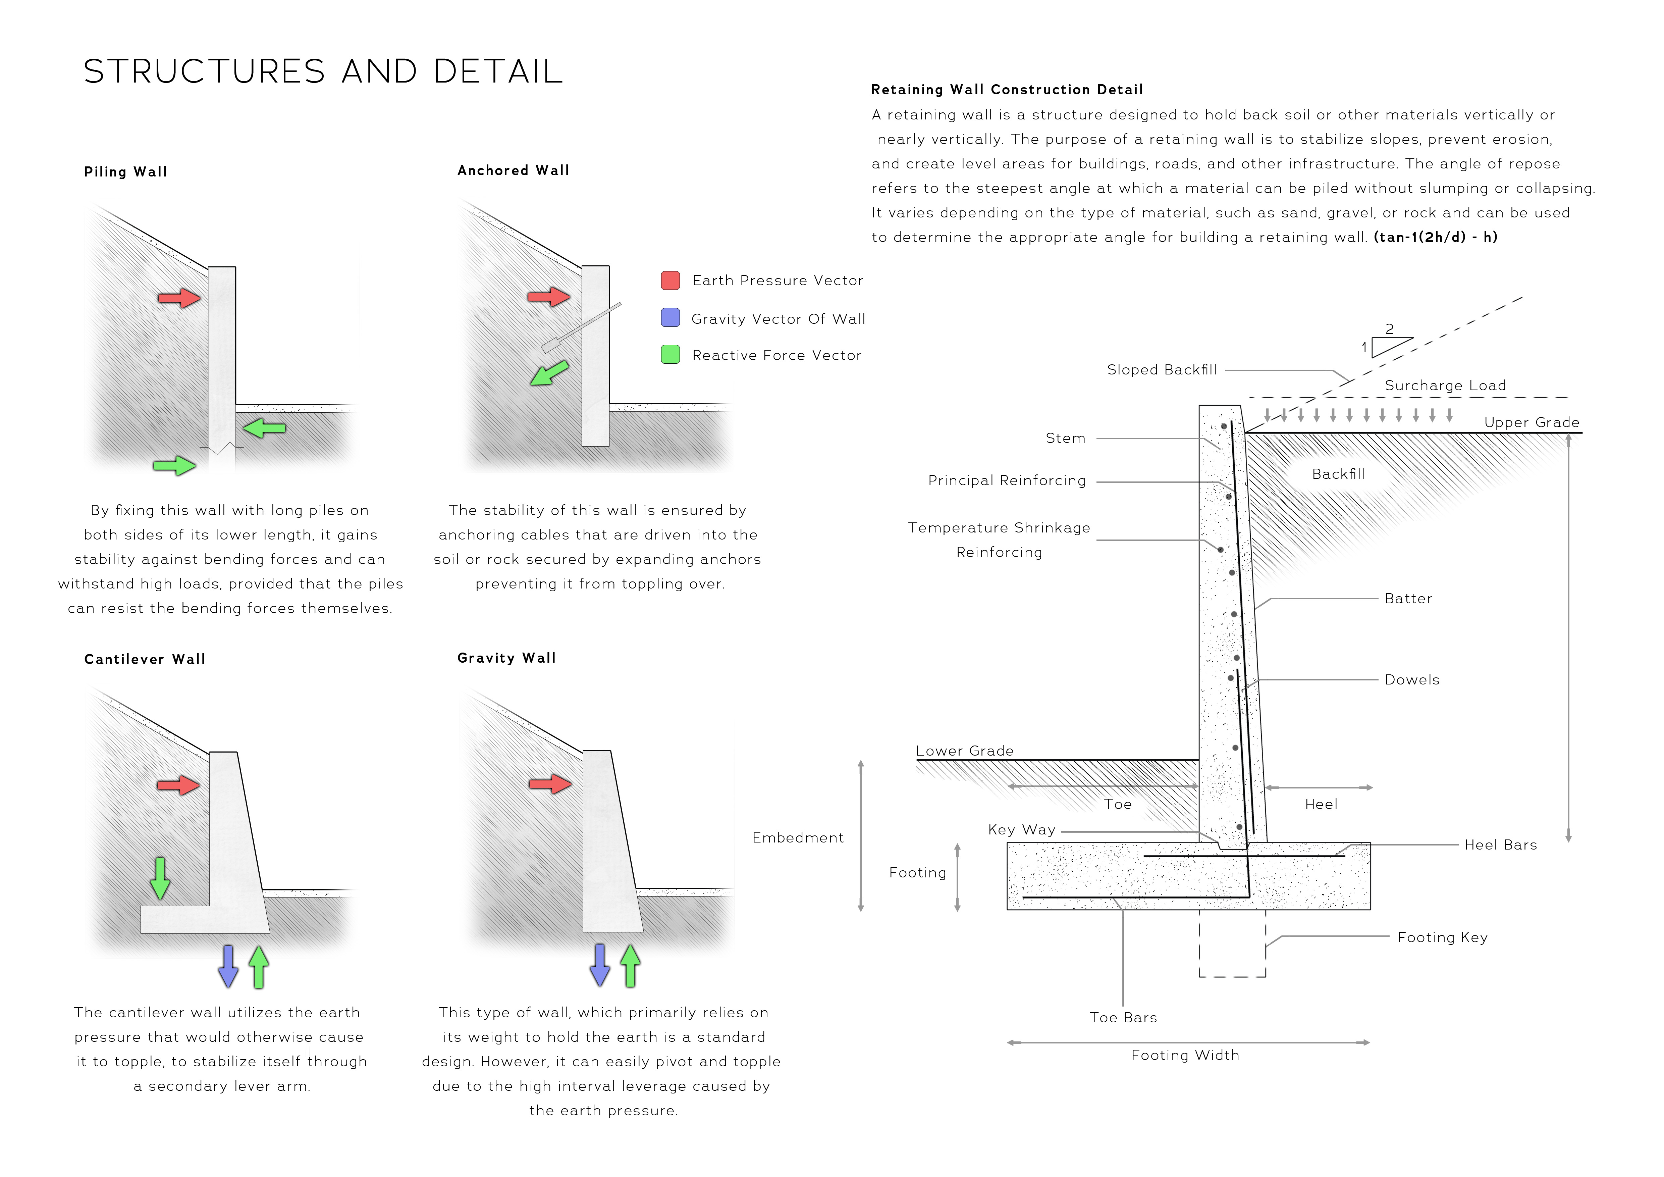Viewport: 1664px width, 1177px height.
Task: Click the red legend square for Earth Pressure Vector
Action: click(x=670, y=280)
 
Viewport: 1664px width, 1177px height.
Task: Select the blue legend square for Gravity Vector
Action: click(x=670, y=317)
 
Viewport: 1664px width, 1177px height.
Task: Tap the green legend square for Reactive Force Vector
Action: click(x=670, y=354)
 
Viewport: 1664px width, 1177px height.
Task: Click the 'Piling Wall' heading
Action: click(x=125, y=172)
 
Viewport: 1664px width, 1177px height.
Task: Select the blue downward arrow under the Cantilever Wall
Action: click(x=228, y=966)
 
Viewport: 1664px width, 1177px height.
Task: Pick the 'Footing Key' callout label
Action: click(x=1442, y=937)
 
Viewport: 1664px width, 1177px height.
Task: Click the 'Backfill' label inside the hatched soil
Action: click(x=1338, y=474)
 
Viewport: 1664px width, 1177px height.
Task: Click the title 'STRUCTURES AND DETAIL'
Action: click(x=323, y=72)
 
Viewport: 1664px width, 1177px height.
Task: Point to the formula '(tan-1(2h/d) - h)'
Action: click(x=1435, y=237)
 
